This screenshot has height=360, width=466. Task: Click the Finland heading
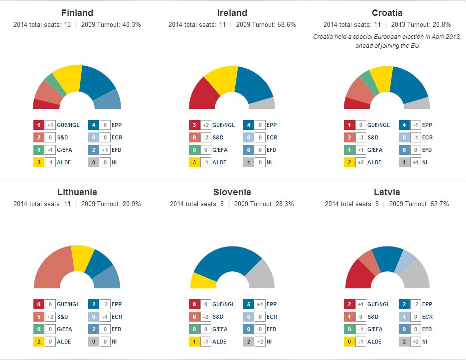click(x=77, y=13)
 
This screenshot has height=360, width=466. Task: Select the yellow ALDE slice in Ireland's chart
click(x=221, y=78)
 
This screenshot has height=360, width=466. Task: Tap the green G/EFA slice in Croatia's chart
click(x=365, y=80)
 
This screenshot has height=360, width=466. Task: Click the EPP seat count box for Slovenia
click(x=249, y=304)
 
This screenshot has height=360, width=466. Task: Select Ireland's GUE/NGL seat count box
click(x=194, y=125)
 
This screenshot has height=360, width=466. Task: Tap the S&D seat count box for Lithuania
click(x=38, y=317)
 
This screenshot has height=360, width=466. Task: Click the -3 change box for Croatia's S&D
click(x=361, y=137)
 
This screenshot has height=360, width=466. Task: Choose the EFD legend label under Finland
click(x=117, y=150)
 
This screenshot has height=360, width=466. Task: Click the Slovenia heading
click(x=232, y=192)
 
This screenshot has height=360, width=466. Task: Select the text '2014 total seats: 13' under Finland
click(x=42, y=24)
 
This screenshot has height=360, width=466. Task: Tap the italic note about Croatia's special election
click(x=387, y=41)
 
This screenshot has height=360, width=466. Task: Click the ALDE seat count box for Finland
click(x=38, y=162)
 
